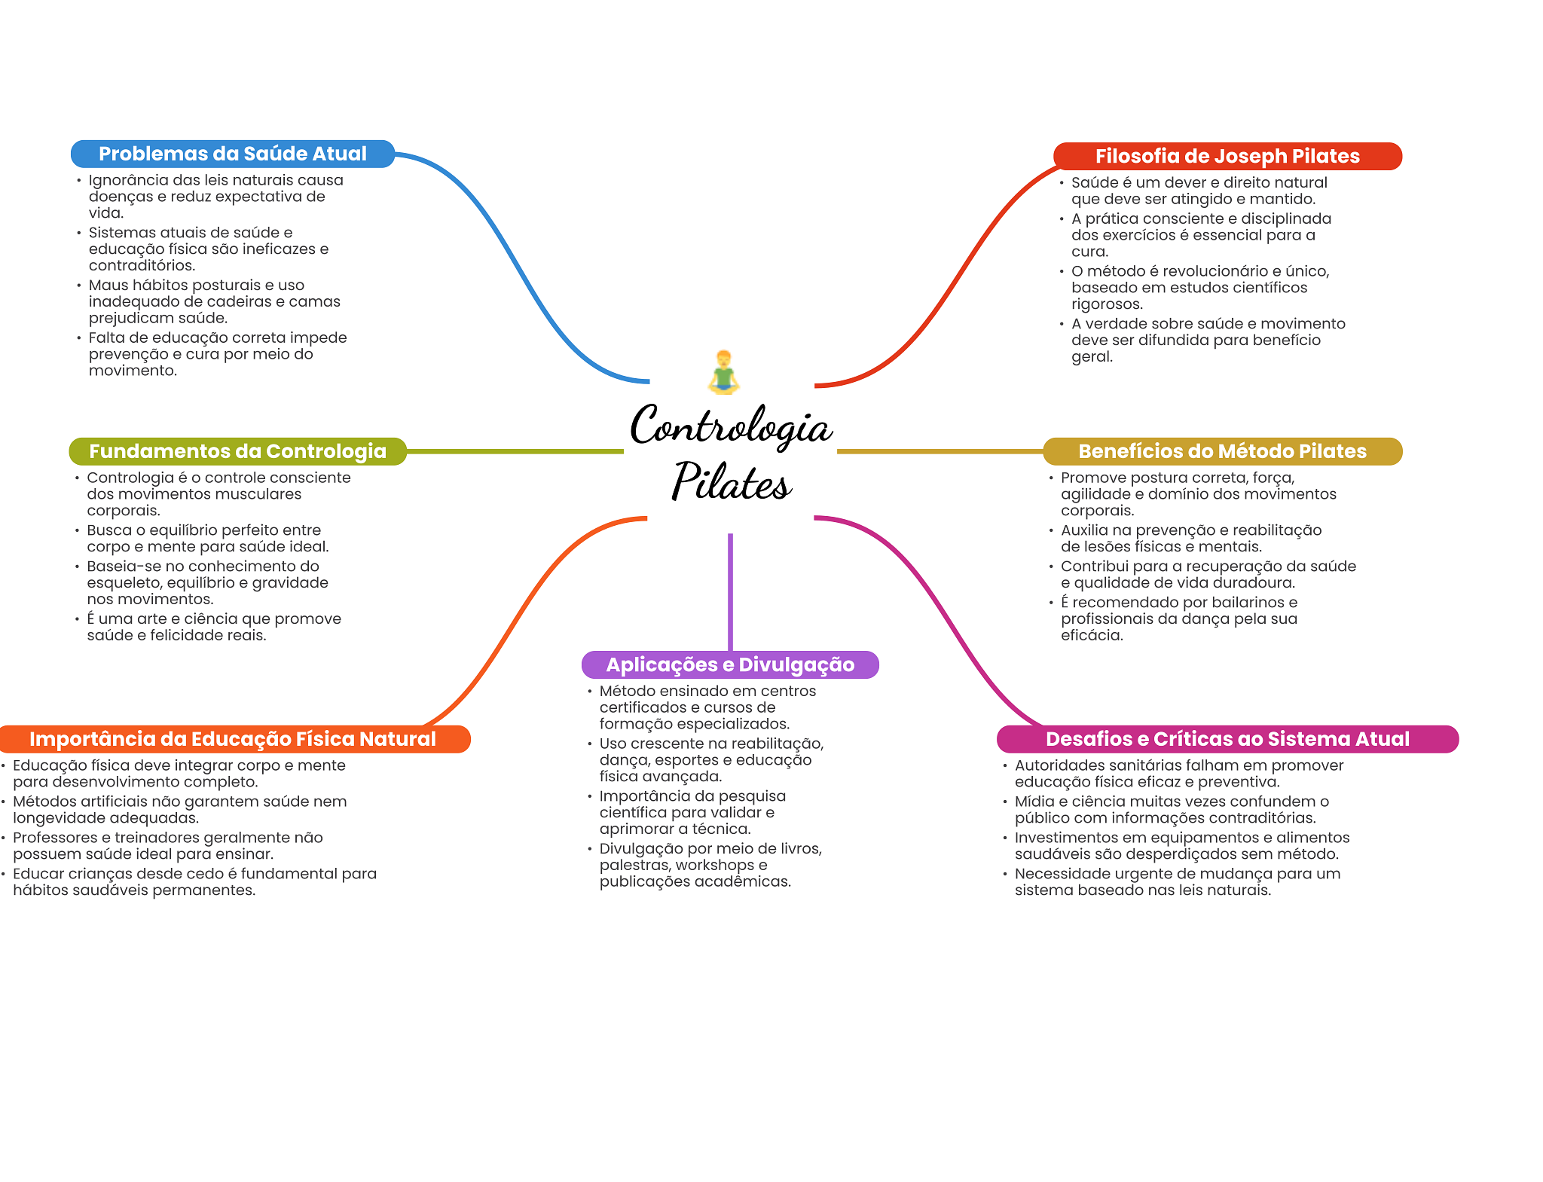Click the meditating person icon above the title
tap(723, 372)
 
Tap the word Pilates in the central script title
tap(731, 481)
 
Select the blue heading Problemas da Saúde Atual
tap(233, 154)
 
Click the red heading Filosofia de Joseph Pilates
tap(1227, 156)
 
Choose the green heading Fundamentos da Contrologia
tap(237, 451)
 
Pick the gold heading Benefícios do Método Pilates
tap(1222, 451)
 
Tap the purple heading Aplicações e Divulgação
tap(730, 664)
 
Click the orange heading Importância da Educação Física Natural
tap(233, 739)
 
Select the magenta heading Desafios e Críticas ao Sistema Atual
tap(1227, 739)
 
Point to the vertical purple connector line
tap(730, 592)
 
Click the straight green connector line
tap(515, 451)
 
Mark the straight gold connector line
tap(940, 451)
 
